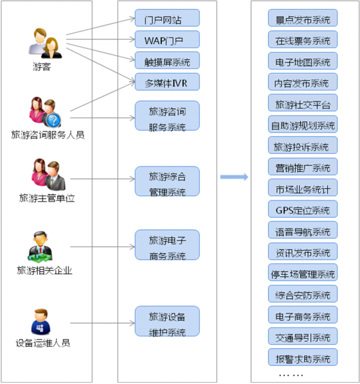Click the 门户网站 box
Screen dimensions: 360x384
(x=167, y=18)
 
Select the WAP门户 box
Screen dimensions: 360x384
(x=167, y=39)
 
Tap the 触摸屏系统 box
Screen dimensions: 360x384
(x=167, y=60)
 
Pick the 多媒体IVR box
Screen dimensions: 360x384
(x=167, y=82)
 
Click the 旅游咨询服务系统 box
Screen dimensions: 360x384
(x=167, y=116)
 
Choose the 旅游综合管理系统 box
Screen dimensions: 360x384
(x=167, y=181)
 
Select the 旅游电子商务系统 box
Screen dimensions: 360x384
(x=167, y=245)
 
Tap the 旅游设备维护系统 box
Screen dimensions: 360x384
(x=167, y=321)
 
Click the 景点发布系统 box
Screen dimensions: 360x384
(x=303, y=18)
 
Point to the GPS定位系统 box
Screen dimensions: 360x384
(x=303, y=209)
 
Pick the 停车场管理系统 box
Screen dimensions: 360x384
(x=303, y=272)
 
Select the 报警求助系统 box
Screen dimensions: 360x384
(x=303, y=357)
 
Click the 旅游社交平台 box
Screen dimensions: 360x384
(x=303, y=103)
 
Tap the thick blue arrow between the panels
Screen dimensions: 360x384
(x=234, y=177)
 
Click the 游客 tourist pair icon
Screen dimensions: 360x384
(x=46, y=44)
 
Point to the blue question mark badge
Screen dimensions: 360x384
(x=53, y=120)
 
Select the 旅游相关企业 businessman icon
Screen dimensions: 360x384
(x=40, y=246)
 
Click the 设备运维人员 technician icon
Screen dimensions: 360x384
(x=41, y=322)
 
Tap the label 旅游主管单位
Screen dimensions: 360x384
(x=47, y=198)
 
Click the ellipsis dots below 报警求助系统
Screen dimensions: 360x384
(x=291, y=375)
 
